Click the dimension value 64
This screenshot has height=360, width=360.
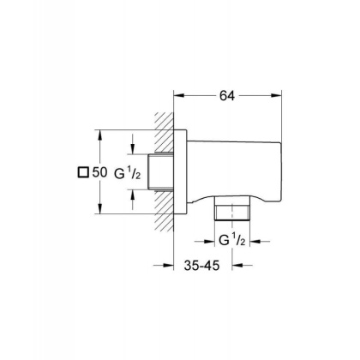pyautogui.click(x=227, y=96)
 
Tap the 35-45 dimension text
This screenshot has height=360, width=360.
pyautogui.click(x=201, y=266)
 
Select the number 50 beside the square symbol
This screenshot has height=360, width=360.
pyautogui.click(x=99, y=172)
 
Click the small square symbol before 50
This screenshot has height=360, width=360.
pyautogui.click(x=83, y=172)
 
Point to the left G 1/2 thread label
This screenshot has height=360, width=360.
pyautogui.click(x=128, y=173)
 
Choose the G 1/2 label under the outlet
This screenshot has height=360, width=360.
pyautogui.click(x=232, y=240)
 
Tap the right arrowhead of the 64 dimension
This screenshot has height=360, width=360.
pyautogui.click(x=276, y=96)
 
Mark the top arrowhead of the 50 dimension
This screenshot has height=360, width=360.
pyautogui.click(x=99, y=135)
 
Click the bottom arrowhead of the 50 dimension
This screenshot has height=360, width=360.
pyautogui.click(x=99, y=208)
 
